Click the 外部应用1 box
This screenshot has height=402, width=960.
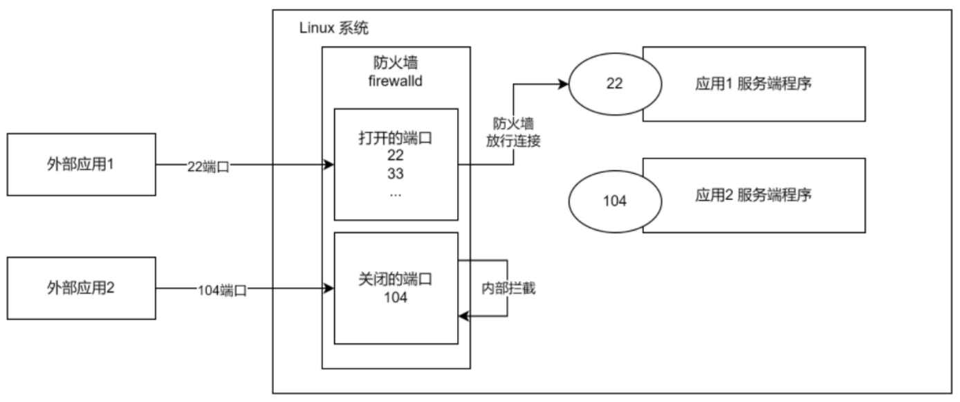point(81,165)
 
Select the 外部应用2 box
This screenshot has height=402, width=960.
point(81,289)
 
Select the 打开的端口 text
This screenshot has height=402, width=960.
point(396,138)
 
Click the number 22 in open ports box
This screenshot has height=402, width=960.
point(396,156)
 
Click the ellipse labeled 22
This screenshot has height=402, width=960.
point(614,84)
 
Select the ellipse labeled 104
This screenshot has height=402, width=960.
point(614,201)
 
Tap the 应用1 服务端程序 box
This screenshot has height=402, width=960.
point(754,84)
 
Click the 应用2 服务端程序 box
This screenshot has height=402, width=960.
point(754,194)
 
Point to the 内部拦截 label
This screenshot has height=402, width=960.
point(508,289)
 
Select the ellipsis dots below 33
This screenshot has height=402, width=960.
point(396,193)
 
